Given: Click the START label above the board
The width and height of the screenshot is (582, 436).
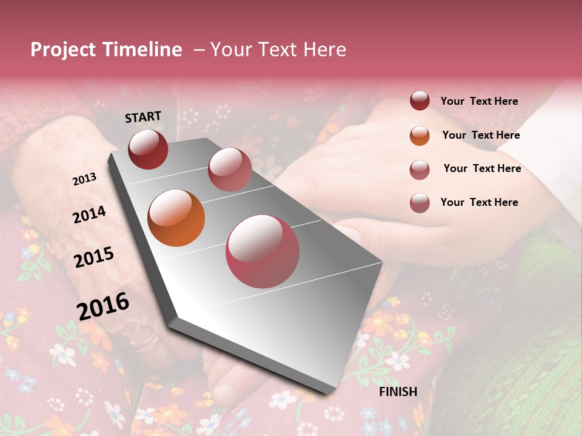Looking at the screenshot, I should click(143, 117).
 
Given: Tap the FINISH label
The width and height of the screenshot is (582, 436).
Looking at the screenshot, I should click(398, 392).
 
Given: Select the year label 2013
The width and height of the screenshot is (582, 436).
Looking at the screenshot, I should click(84, 179).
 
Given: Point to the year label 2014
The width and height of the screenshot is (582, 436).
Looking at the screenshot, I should click(89, 214).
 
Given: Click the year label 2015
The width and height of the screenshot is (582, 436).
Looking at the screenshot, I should click(93, 257).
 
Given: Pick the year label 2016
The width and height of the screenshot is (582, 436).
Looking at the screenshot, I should click(103, 305).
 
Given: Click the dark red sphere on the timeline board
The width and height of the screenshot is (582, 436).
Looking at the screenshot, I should click(148, 149).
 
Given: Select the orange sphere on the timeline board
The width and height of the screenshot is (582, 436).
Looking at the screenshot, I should click(176, 218).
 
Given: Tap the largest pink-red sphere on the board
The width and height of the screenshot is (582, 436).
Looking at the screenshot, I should click(263, 251).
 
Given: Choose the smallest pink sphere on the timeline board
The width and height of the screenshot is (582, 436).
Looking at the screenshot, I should click(230, 170).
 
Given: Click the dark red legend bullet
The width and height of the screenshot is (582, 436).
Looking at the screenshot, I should click(420, 101).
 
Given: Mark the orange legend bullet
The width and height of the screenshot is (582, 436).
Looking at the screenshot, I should click(420, 135).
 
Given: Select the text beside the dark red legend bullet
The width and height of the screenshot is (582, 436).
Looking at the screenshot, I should click(479, 101).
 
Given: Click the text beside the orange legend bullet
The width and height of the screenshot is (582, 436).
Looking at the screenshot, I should click(481, 135).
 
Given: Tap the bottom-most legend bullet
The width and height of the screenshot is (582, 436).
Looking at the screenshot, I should click(420, 202).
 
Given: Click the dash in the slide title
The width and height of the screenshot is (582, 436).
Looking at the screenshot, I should click(199, 50).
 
